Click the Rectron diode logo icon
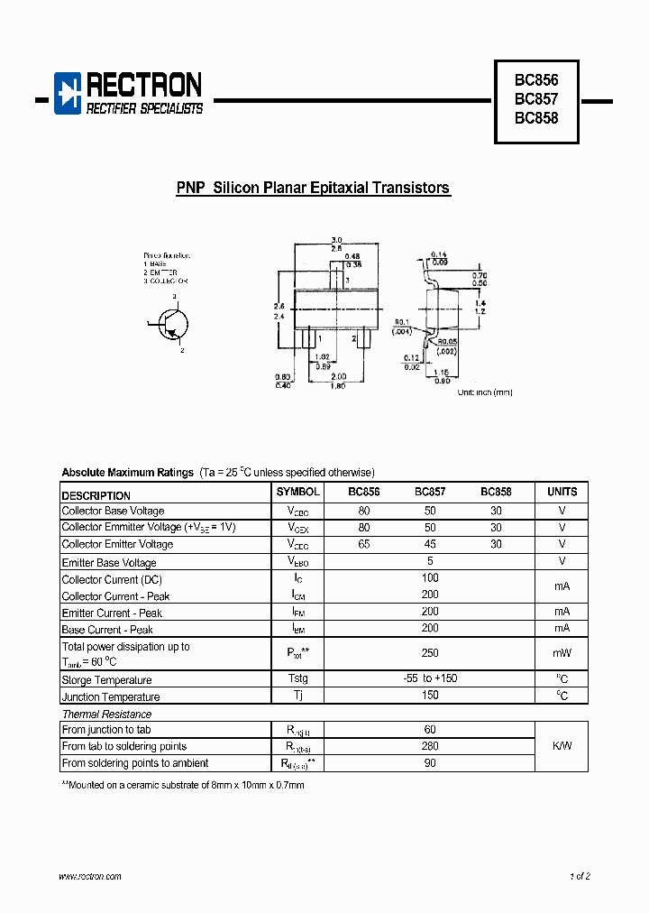point(68,93)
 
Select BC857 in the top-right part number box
point(536,98)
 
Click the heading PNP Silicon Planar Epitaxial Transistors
point(313,189)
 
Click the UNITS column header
point(562,493)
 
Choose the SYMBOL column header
point(297,493)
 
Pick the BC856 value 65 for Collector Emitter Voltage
point(364,544)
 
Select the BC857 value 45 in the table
point(430,544)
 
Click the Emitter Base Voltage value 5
point(430,561)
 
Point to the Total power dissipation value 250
point(430,652)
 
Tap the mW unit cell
point(562,652)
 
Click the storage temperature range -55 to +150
point(430,678)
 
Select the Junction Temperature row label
point(111,696)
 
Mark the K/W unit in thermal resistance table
point(562,746)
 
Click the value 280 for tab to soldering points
point(430,746)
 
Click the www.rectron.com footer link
point(90,876)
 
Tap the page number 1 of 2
point(580,876)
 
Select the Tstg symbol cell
point(297,678)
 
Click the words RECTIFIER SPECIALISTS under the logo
point(144,109)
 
